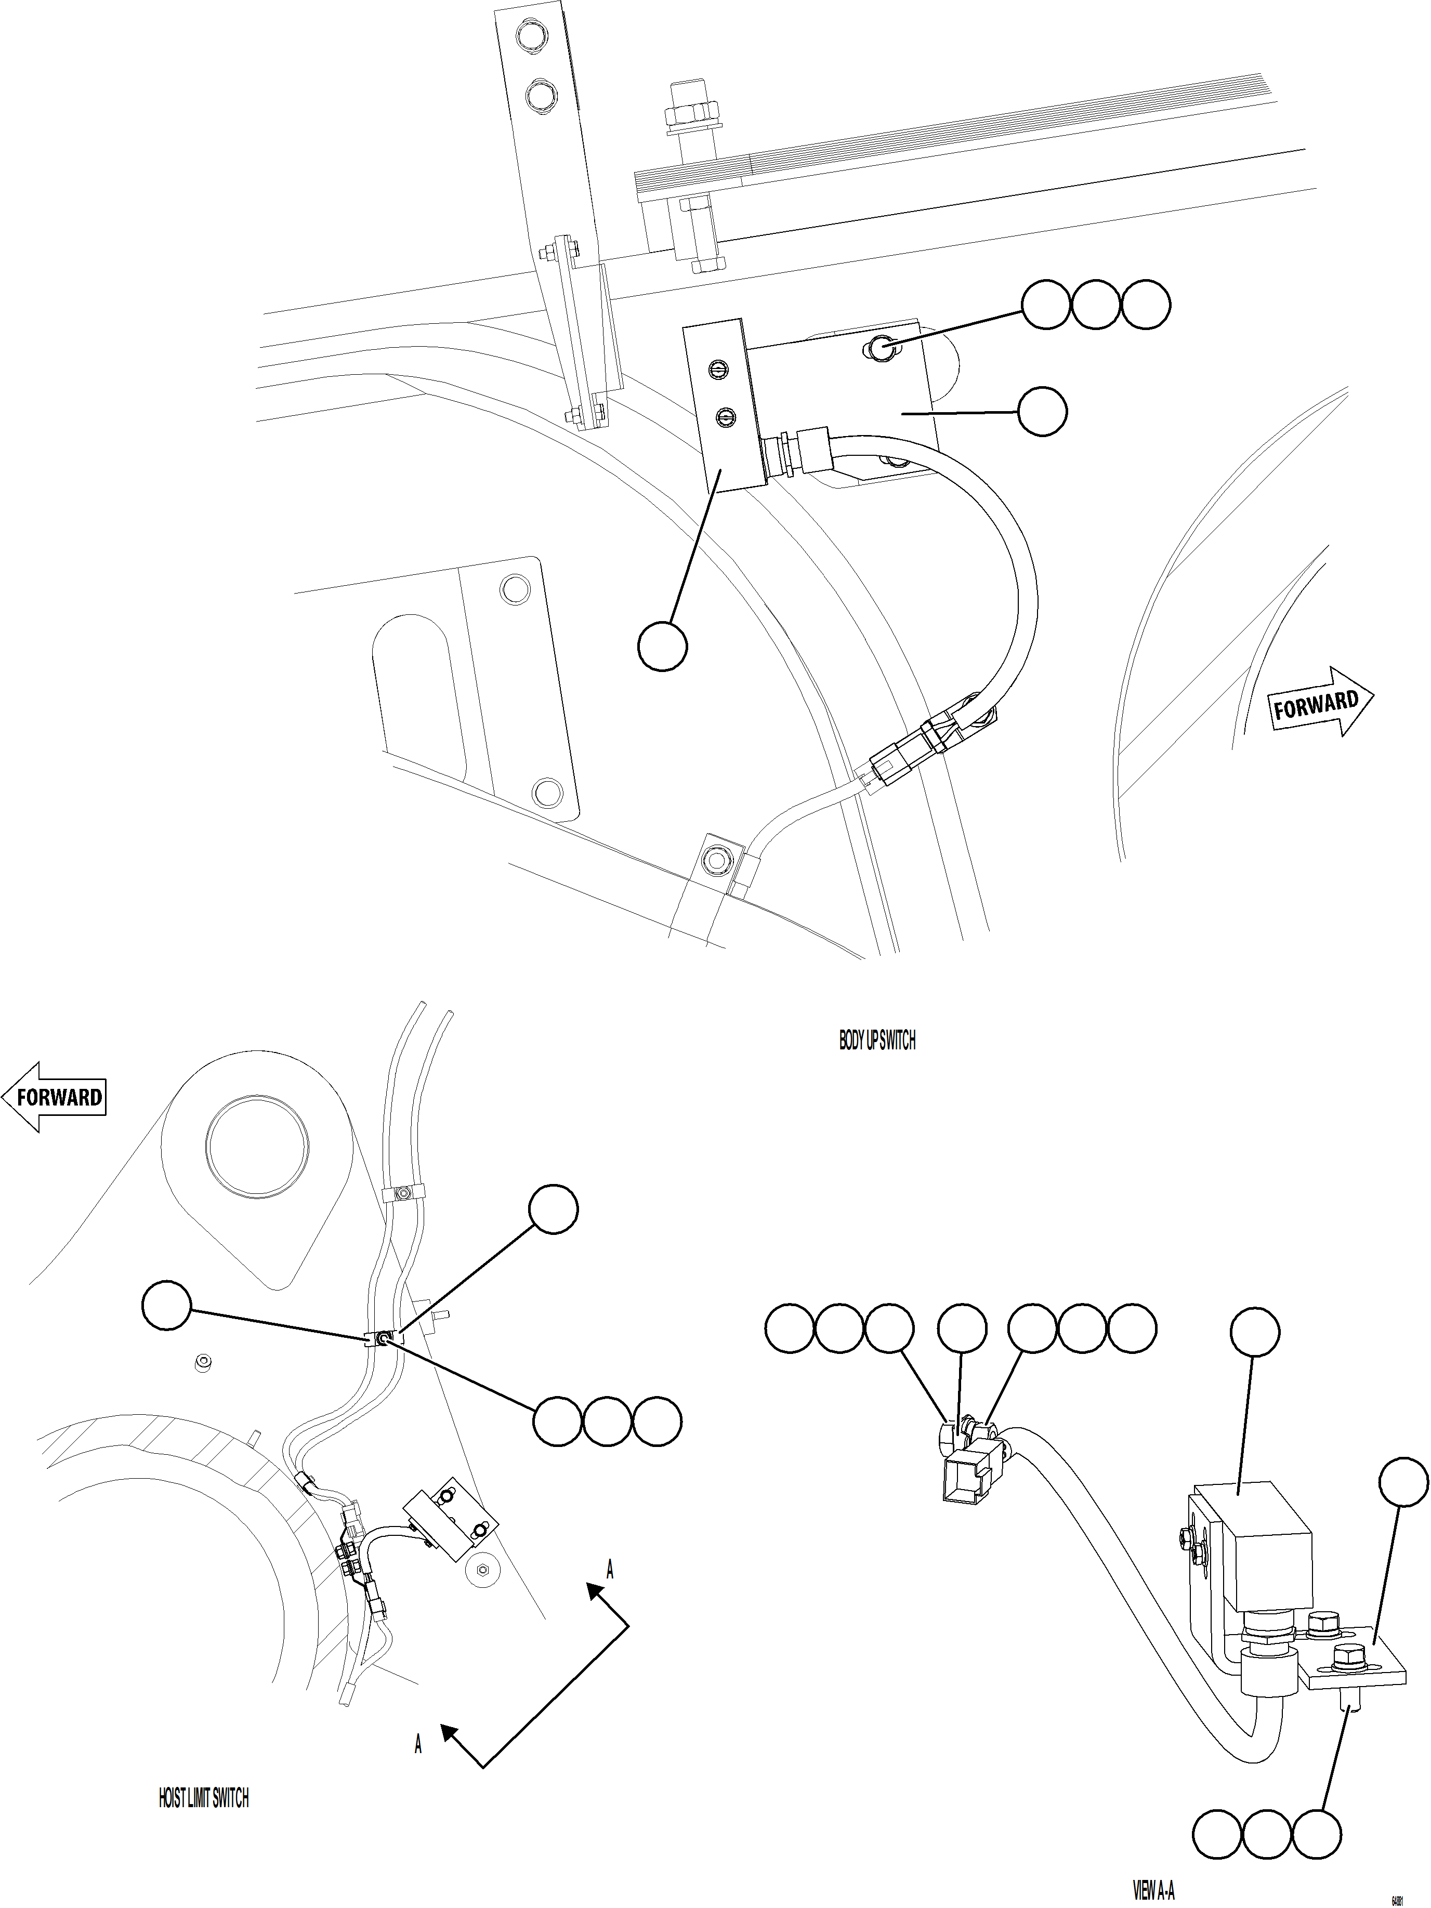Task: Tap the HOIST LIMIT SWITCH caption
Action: tap(204, 1798)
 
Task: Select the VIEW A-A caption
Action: tap(1153, 1891)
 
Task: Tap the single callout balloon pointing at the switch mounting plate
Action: tap(1042, 412)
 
